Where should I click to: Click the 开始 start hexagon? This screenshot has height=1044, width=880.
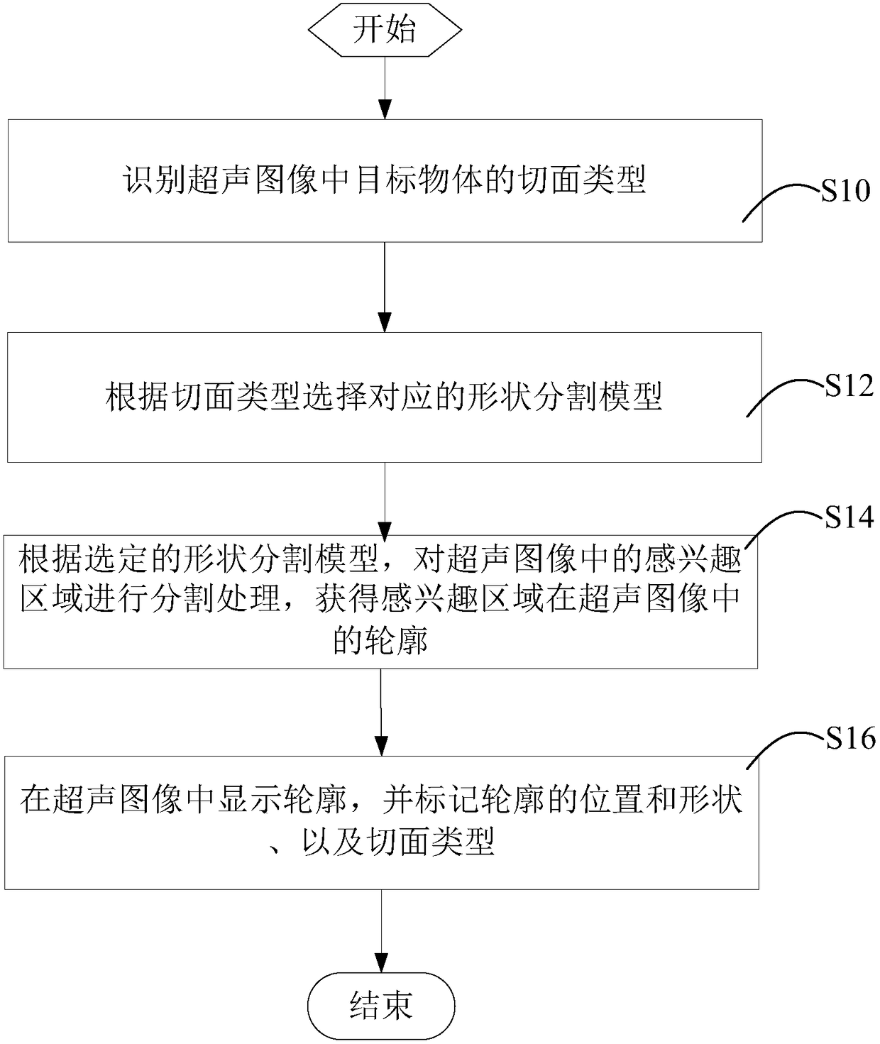tap(385, 30)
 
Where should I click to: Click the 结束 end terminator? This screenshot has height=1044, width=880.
tap(382, 1006)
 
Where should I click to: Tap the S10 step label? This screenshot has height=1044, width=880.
tap(845, 190)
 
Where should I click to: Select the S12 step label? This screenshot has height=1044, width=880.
tap(849, 385)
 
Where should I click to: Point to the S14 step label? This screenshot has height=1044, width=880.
tap(849, 517)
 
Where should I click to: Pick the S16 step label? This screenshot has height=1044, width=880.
tap(850, 738)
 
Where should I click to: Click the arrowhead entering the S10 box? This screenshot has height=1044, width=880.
tap(385, 110)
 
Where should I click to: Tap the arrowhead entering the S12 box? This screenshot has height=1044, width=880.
tap(385, 322)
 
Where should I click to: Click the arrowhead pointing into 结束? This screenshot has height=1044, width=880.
tap(382, 963)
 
